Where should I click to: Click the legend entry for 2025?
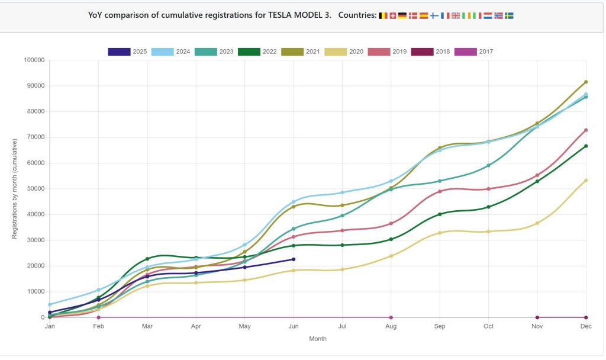[127, 52]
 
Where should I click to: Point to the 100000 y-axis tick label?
[33, 60]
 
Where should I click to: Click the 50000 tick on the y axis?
[35, 189]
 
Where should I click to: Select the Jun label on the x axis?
[293, 326]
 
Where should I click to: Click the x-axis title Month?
[318, 339]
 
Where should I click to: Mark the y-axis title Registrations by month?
[15, 188]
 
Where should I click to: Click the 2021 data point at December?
[586, 82]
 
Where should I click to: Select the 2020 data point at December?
[586, 181]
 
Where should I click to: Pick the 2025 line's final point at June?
[293, 259]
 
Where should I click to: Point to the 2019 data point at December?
[586, 130]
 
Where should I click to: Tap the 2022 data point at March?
[147, 259]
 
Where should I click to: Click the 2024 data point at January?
[50, 304]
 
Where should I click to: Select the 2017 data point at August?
[391, 317]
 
